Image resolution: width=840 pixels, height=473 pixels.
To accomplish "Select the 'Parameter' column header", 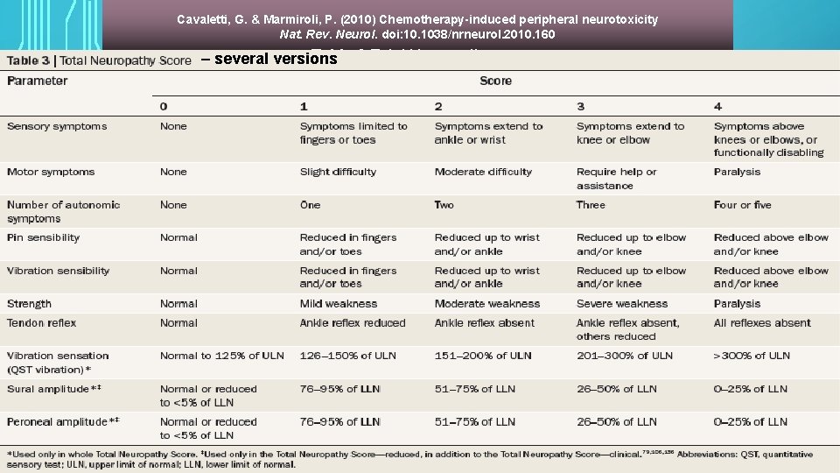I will pyautogui.click(x=38, y=81).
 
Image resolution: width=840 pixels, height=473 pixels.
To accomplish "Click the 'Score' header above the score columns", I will pyautogui.click(x=495, y=81).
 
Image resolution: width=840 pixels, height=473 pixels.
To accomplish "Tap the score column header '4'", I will pyautogui.click(x=717, y=106).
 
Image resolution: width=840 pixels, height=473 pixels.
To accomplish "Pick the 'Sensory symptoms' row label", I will pyautogui.click(x=57, y=126).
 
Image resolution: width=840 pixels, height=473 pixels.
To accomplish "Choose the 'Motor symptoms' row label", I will pyautogui.click(x=51, y=172).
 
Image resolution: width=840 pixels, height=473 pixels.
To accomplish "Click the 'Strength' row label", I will pyautogui.click(x=29, y=304).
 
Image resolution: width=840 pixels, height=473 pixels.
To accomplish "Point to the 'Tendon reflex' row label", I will pyautogui.click(x=41, y=323).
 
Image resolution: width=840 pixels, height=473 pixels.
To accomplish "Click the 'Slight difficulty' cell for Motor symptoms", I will pyautogui.click(x=338, y=172).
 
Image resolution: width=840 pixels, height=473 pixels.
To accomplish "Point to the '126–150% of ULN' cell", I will pyautogui.click(x=347, y=356).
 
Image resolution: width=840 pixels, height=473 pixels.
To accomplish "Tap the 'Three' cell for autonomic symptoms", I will pyautogui.click(x=591, y=205).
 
